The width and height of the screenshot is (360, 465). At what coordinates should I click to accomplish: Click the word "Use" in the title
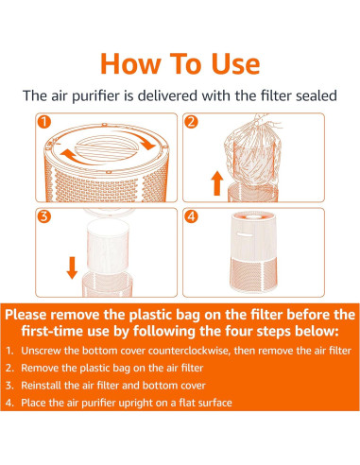235,63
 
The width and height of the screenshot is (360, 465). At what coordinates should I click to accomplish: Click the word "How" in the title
130,63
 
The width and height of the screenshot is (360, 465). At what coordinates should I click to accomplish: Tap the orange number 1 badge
44,122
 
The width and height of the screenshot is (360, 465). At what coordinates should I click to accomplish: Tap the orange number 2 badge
191,122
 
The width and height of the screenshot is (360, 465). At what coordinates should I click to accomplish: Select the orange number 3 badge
44,216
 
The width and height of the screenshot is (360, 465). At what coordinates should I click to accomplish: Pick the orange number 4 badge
191,216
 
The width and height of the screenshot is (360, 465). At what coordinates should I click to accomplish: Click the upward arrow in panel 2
216,183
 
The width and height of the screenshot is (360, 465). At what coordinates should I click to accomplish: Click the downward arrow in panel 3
72,267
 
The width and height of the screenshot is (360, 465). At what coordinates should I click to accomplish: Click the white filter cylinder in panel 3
108,247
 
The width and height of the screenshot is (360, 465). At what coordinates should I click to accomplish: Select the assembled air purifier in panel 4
253,252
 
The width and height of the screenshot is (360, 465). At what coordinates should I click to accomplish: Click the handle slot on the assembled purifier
246,234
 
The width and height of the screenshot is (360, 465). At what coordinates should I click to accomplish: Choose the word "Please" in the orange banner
26,315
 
